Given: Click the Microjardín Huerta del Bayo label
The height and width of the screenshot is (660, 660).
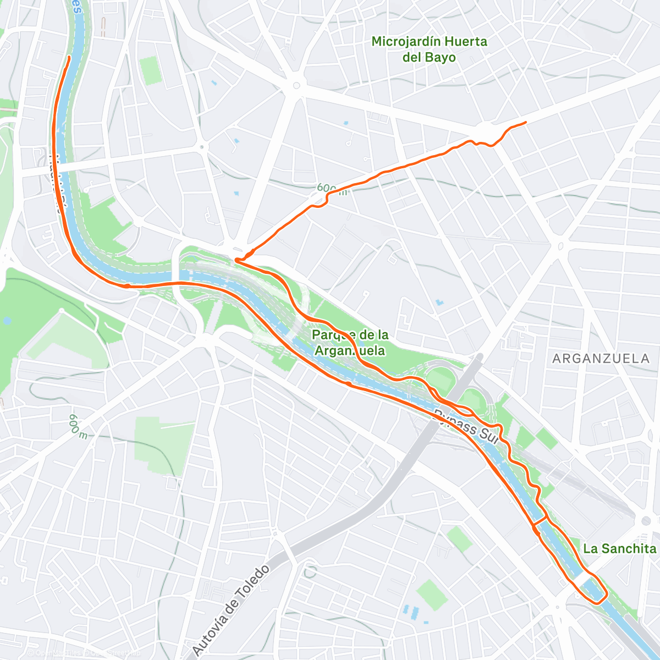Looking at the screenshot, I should click(x=429, y=49).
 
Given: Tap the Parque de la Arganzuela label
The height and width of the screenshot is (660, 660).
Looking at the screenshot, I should click(x=350, y=343).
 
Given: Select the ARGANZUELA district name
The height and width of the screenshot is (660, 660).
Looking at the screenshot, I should click(x=601, y=359).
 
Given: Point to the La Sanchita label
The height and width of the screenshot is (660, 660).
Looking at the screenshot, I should click(x=619, y=548).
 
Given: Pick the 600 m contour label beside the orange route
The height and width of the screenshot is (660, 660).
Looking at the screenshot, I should click(x=332, y=190).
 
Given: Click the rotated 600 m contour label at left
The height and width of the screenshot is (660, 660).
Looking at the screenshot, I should click(x=78, y=426).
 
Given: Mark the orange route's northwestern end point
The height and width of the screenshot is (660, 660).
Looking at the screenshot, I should click(x=69, y=57).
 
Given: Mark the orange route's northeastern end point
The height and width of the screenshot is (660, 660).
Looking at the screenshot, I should click(x=526, y=122).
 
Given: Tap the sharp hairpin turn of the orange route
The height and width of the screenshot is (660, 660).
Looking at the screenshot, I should click(x=237, y=260).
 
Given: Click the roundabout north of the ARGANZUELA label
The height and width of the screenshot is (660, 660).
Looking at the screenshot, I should click(x=560, y=246).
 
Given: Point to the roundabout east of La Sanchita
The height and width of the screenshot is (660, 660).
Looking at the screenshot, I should click(x=646, y=521).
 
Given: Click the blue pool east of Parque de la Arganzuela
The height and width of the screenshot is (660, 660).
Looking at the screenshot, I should click(x=438, y=302).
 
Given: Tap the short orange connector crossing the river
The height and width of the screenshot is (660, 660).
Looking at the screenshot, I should click(x=540, y=520).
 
